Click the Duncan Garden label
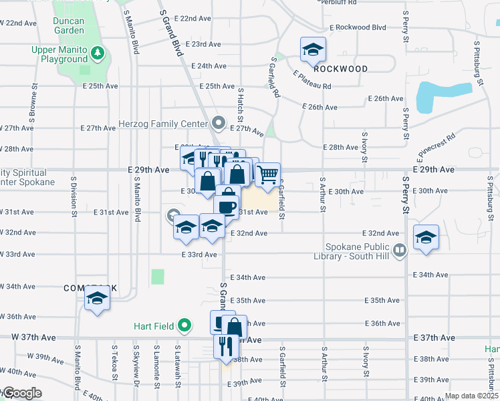70,25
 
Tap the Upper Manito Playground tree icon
98,51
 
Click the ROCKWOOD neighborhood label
341,69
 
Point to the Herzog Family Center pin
218,123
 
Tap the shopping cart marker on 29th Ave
267,174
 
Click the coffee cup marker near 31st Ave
227,206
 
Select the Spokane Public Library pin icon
400,250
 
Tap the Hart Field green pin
185,327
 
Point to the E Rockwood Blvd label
358,27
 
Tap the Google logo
22,393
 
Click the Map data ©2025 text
471,396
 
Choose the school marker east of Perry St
425,237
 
